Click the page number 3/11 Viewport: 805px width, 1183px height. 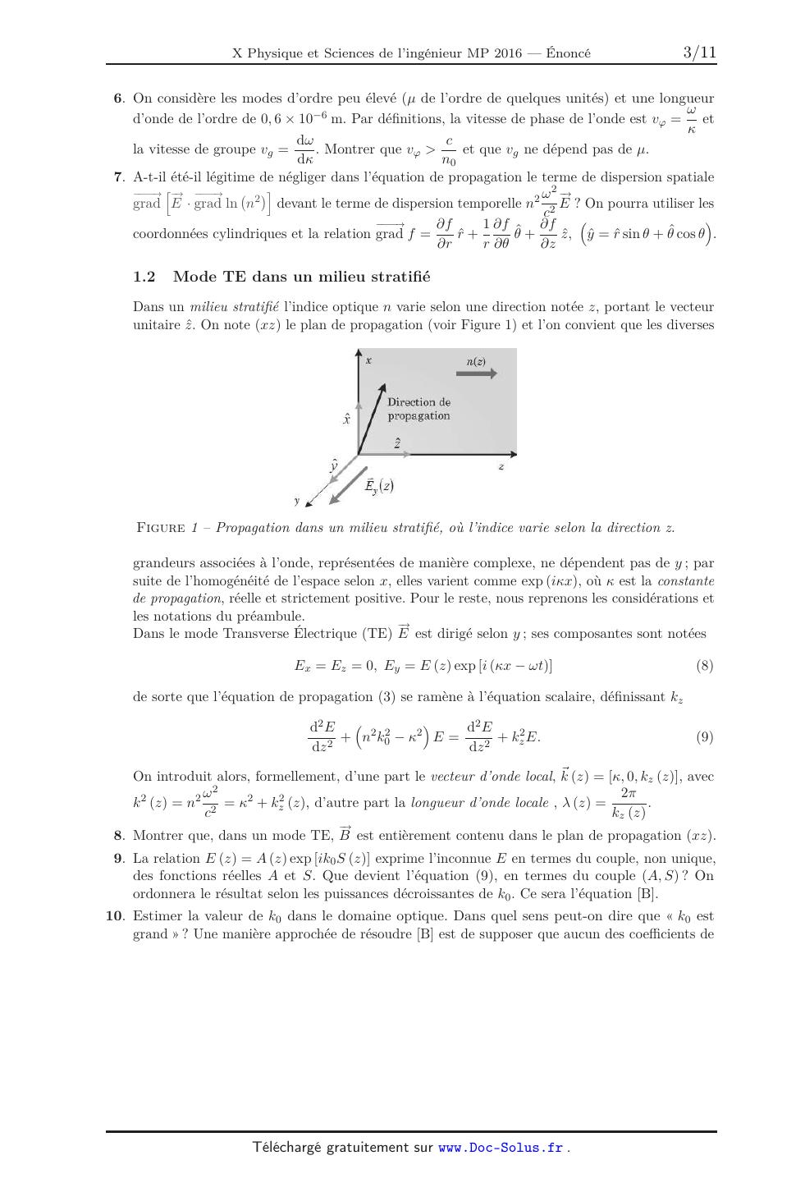pyautogui.click(x=699, y=53)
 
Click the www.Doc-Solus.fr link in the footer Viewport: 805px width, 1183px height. pyautogui.click(x=501, y=1148)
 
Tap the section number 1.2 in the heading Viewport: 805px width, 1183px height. pyautogui.click(x=144, y=277)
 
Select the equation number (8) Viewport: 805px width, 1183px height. pyautogui.click(x=704, y=666)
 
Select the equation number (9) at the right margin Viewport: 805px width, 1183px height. pyautogui.click(x=704, y=737)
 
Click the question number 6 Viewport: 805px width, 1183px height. pyautogui.click(x=118, y=99)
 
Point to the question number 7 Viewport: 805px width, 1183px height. pyautogui.click(x=118, y=177)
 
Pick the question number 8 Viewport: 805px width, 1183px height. pyautogui.click(x=118, y=836)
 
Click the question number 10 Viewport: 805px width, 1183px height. pyautogui.click(x=115, y=916)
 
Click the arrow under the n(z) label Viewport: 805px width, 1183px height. pyautogui.click(x=476, y=374)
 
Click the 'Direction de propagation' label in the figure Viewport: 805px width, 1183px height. pyautogui.click(x=419, y=409)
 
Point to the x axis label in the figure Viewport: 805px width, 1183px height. pyautogui.click(x=369, y=360)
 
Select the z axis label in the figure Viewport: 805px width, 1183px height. pyautogui.click(x=501, y=466)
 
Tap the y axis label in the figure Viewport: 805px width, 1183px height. pyautogui.click(x=297, y=500)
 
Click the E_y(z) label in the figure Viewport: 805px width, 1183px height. pyautogui.click(x=379, y=485)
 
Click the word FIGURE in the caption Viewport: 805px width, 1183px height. pyautogui.click(x=161, y=528)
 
